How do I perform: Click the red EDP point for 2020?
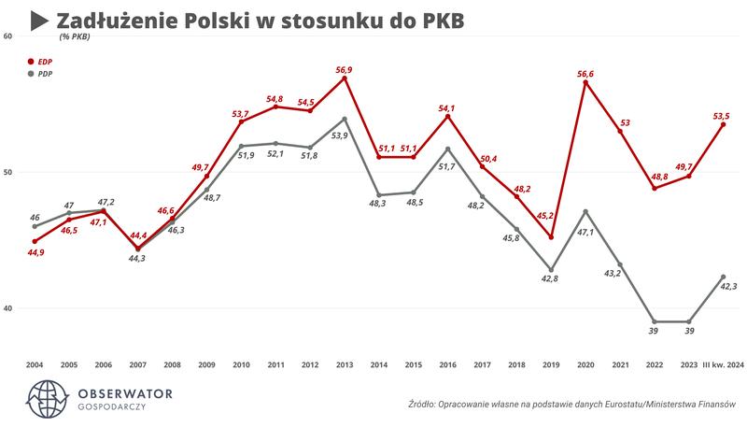click(x=585, y=82)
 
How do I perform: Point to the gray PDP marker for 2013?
click(x=345, y=119)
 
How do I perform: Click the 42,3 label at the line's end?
click(x=728, y=289)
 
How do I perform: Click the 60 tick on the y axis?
click(x=7, y=36)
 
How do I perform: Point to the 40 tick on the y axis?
click(x=7, y=308)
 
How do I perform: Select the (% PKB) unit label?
click(x=78, y=38)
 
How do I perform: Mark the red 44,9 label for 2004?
click(x=35, y=253)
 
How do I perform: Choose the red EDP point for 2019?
click(x=551, y=237)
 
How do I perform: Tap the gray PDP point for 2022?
click(x=655, y=321)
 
